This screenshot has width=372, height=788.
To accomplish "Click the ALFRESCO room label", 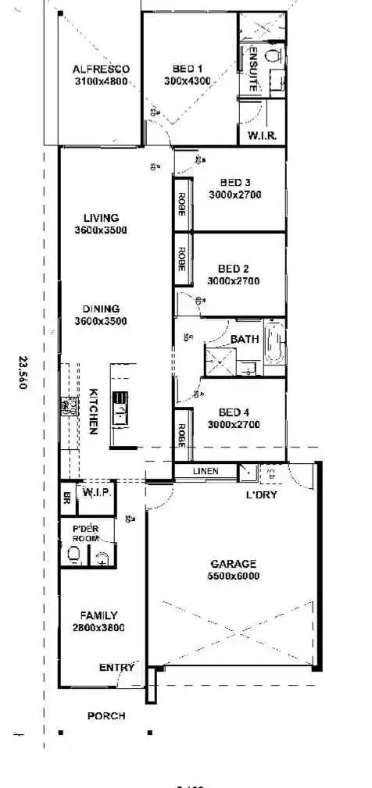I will point(102,69).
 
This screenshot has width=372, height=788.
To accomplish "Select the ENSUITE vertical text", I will point(253,70).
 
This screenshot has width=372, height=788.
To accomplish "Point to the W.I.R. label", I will point(261,135).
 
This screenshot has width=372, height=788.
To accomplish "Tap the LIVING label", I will point(101,218).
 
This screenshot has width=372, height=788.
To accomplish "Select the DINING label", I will point(101,308).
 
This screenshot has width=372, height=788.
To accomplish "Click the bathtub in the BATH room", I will point(276,345).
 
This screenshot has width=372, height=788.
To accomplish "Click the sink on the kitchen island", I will point(120,406).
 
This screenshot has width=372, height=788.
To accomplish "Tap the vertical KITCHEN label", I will point(92,412).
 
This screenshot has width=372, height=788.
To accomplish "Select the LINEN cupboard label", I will point(205,471).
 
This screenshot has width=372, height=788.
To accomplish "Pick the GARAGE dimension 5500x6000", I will point(234,576).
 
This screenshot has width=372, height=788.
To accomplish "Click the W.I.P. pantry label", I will point(95,493).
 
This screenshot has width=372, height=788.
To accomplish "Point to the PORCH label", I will point(106,715).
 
